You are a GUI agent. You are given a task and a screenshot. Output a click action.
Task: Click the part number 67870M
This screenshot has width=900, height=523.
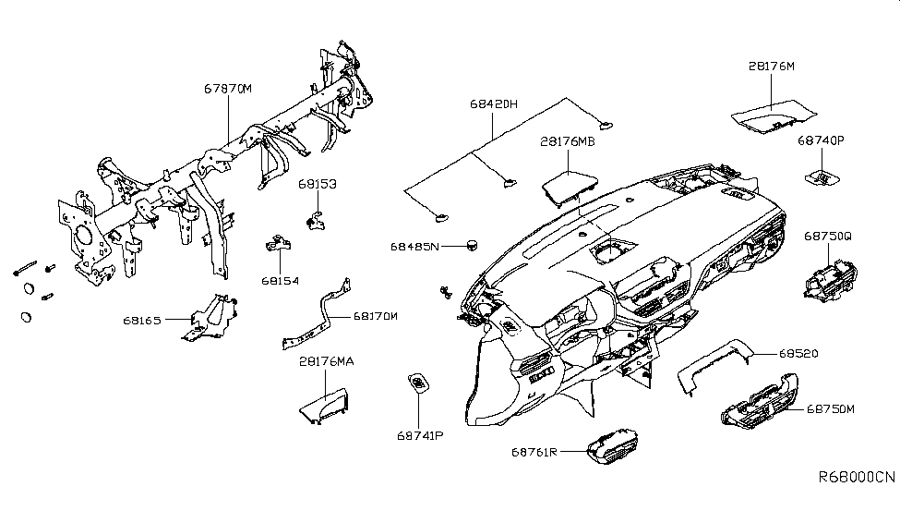point(228,90)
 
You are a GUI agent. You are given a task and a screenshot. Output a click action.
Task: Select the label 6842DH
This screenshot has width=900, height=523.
point(495,105)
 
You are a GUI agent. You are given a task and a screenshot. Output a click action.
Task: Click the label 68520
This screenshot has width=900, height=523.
point(798,354)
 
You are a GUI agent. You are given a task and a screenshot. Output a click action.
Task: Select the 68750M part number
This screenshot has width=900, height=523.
point(831,407)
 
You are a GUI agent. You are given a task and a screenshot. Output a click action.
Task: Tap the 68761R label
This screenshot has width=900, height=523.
point(534,452)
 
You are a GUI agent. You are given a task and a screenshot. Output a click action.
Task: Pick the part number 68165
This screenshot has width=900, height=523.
point(142,321)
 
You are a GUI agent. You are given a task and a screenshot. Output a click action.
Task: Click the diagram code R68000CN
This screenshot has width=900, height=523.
point(856,478)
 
